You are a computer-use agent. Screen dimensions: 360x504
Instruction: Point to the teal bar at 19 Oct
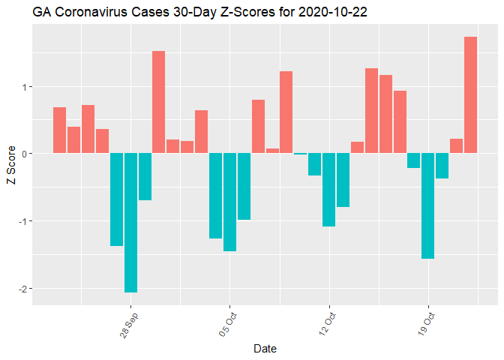click(x=428, y=206)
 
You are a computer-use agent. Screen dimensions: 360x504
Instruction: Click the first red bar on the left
click(x=59, y=130)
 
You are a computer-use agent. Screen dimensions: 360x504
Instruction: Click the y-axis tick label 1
click(x=23, y=86)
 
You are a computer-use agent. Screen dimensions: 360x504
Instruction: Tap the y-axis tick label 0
click(x=23, y=154)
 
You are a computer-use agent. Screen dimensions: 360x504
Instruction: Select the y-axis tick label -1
click(x=22, y=221)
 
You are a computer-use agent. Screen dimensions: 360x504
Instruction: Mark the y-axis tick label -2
click(x=22, y=289)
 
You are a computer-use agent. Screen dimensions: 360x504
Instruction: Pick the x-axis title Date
click(x=265, y=349)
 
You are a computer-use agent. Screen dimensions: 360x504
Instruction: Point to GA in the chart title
click(x=41, y=13)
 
